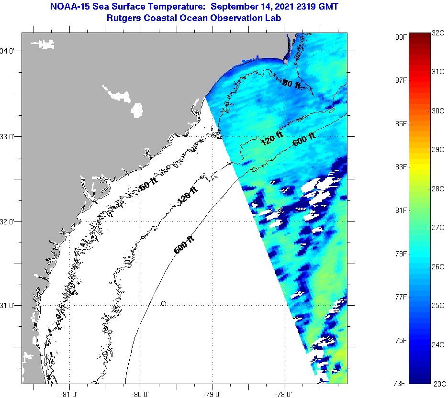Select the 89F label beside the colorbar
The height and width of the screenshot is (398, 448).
[x=400, y=36]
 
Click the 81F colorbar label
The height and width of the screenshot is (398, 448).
[x=400, y=210]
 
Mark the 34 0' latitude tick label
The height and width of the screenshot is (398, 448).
[x=9, y=51]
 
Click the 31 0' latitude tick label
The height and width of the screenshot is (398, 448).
[x=9, y=305]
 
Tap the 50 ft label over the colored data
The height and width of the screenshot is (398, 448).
[x=291, y=84]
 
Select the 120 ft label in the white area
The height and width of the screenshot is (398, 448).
[x=187, y=196]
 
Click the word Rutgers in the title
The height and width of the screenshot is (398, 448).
[x=125, y=18]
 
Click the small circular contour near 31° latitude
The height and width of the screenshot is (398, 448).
[x=164, y=303]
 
